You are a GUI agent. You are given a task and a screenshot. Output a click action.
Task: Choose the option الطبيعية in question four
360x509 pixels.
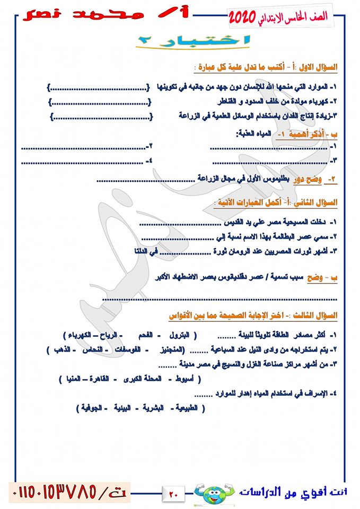tap(189, 408)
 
